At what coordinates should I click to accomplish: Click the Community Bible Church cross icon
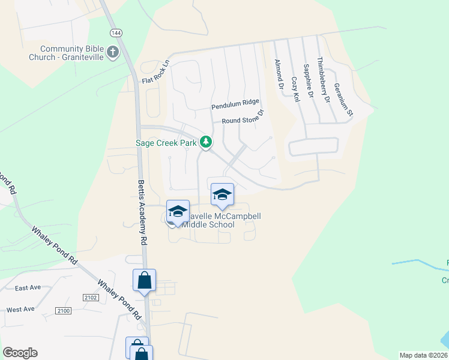(x=112, y=53)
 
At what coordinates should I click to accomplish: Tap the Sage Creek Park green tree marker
(x=206, y=142)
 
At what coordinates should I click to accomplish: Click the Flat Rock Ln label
(x=156, y=71)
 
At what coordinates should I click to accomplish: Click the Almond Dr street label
(x=278, y=74)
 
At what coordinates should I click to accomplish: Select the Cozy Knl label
(x=295, y=89)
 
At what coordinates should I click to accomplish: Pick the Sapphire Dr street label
(x=309, y=81)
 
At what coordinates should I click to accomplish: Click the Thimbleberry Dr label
(x=324, y=80)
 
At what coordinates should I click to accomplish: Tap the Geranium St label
(x=344, y=100)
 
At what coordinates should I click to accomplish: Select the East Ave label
(x=28, y=287)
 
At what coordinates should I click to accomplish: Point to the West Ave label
(x=20, y=310)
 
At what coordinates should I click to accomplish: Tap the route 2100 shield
(x=63, y=310)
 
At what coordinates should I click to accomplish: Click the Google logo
(x=20, y=353)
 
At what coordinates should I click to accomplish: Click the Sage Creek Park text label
(x=167, y=143)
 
